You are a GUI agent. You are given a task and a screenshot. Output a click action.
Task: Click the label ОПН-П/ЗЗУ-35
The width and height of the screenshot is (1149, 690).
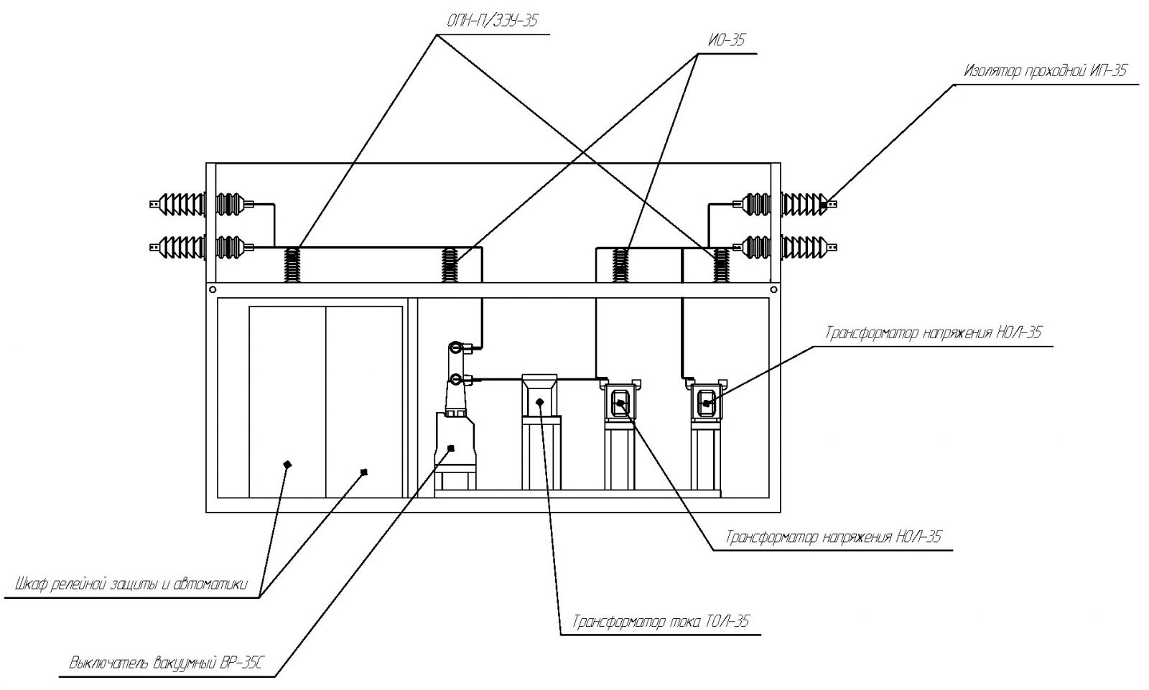[x=493, y=21]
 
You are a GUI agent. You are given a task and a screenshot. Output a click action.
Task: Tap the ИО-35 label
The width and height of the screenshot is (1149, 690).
[x=726, y=40]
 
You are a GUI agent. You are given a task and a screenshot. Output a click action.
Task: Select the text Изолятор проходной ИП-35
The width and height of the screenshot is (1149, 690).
[x=1045, y=70]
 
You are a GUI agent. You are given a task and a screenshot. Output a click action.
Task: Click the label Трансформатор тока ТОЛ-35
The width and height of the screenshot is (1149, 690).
[x=661, y=622]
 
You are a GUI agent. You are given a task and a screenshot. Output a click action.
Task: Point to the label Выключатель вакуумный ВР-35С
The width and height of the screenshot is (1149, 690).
[x=166, y=663]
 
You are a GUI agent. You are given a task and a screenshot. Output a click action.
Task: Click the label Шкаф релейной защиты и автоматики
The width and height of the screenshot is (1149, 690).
[x=131, y=584]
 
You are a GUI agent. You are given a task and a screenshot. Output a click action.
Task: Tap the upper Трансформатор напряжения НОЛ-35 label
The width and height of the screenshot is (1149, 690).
[x=934, y=332]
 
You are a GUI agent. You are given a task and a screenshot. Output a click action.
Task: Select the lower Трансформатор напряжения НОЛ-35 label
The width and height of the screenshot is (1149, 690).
[x=834, y=536]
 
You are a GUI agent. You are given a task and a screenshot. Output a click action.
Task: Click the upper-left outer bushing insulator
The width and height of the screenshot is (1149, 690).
[x=178, y=204]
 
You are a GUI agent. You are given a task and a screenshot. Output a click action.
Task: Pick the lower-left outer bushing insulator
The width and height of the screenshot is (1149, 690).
[x=178, y=247]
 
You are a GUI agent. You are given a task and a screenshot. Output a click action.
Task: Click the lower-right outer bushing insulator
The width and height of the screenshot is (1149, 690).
[x=809, y=247]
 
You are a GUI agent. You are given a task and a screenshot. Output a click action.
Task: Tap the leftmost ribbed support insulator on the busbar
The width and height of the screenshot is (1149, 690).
[x=292, y=265]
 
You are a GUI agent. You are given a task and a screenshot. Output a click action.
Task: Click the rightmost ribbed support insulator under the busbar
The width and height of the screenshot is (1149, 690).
[x=721, y=265]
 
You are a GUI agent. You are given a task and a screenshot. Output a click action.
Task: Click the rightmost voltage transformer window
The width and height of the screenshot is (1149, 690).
[x=707, y=403]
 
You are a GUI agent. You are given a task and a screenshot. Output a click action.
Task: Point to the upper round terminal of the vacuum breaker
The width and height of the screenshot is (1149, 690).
[x=455, y=348]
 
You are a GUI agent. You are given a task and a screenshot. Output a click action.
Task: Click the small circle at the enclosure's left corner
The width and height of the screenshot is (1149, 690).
[x=213, y=290]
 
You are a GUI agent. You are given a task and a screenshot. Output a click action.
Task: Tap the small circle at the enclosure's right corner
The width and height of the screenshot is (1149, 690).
[x=773, y=290]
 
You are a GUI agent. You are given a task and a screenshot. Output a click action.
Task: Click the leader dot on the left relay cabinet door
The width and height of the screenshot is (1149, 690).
[x=287, y=465]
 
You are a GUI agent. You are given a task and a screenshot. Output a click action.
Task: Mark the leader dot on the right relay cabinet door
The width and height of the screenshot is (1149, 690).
[x=364, y=472]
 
